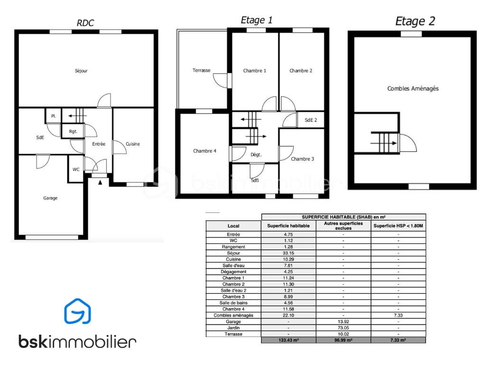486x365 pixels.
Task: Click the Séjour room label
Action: pos(81,71)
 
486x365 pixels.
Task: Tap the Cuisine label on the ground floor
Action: pos(133,144)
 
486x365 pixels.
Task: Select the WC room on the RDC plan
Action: pos(76,170)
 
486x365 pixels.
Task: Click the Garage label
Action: pos(50,198)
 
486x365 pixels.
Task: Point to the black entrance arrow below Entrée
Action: pos(100,182)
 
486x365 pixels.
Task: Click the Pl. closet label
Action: pos(54,116)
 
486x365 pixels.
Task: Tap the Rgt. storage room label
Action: pos(73,132)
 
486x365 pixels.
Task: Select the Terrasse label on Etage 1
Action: pos(201,70)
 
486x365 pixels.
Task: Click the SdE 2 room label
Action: pos(311,120)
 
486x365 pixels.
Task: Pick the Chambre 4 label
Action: pos(205,151)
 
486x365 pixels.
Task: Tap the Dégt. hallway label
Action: pos(256,154)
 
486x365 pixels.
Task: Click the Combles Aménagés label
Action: pos(413,89)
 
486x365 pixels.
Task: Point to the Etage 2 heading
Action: pos(415,21)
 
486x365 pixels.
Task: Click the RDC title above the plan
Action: pos(85,23)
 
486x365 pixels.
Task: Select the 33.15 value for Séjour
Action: pos(288,253)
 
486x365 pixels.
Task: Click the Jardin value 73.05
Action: pos(344,328)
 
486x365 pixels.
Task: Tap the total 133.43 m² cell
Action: pos(289,340)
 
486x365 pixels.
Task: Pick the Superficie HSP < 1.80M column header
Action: pos(398,226)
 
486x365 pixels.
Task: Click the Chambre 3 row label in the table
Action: pos(234,297)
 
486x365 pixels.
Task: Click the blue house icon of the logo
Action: pos(77,311)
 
